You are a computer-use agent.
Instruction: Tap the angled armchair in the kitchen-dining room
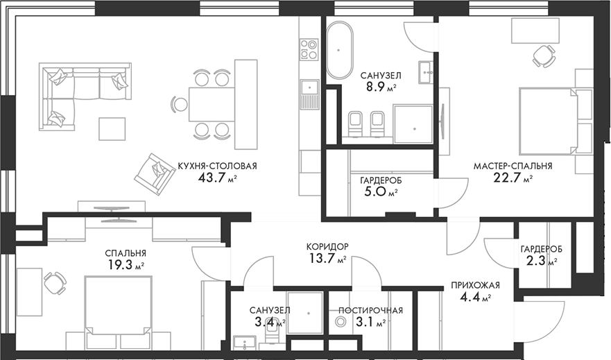154,172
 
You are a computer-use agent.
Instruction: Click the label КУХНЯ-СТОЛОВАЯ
218,166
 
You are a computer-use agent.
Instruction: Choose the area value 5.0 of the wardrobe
375,192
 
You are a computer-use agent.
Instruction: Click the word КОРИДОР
327,246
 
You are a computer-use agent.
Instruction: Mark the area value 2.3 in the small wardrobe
535,262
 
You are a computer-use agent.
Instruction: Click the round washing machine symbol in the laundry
341,322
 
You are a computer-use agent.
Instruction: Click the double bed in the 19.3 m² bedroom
118,309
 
